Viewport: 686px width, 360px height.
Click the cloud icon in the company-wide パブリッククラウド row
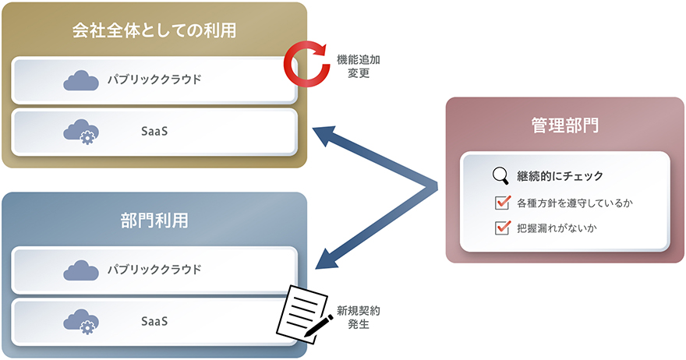(81, 80)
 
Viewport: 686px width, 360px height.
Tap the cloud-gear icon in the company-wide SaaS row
(81, 130)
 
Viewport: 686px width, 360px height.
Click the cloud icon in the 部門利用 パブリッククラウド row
(81, 270)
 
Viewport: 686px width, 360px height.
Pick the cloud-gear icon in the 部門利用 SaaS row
(81, 320)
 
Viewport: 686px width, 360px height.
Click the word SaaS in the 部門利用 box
(154, 320)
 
